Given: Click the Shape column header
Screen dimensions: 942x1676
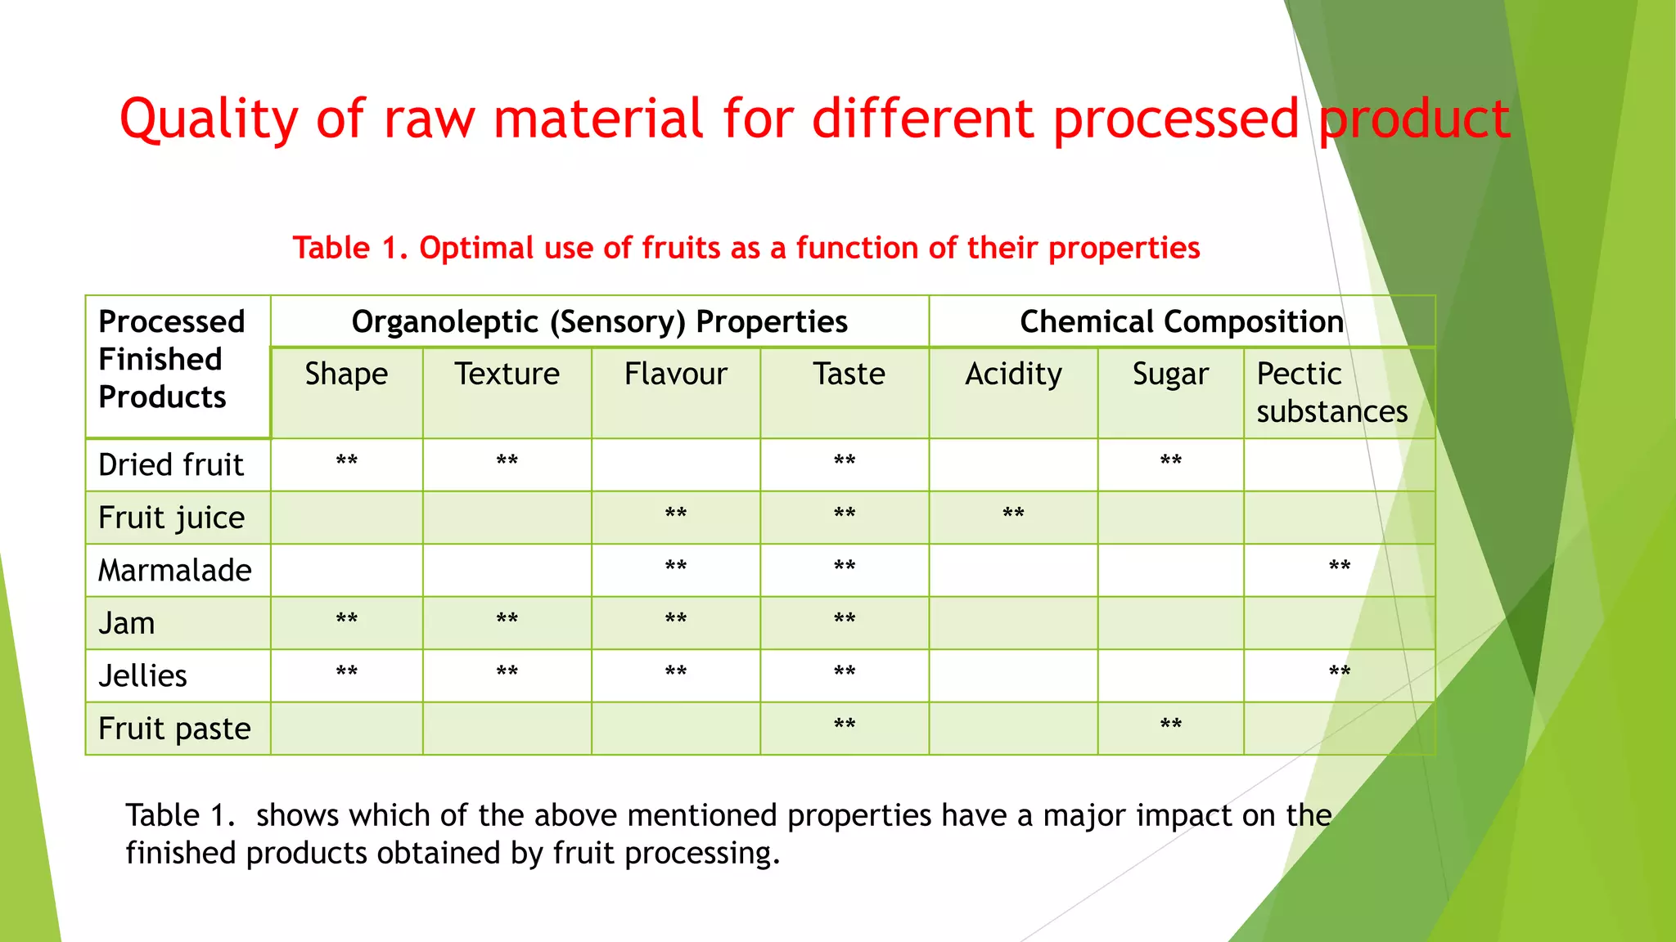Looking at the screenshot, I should click(x=346, y=375).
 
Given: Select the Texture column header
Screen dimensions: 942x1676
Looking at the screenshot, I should click(x=507, y=375).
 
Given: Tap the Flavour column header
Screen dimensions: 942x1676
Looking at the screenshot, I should click(x=675, y=375).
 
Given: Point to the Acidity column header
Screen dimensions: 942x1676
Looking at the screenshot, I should click(x=1013, y=375).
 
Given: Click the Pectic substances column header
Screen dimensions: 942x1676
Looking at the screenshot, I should click(x=1331, y=392).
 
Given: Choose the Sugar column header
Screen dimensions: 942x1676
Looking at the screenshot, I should click(x=1170, y=375).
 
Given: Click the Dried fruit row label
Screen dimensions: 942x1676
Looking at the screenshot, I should click(x=170, y=465).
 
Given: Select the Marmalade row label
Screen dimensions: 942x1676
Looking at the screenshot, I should click(x=174, y=571).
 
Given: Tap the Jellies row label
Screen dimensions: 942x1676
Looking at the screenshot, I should click(x=142, y=676).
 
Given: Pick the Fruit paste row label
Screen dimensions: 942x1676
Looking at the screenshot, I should click(x=174, y=729).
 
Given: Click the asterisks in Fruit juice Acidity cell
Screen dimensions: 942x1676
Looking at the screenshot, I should click(x=1013, y=514).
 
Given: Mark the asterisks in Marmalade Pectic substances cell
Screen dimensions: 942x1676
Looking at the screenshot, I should click(x=1339, y=567).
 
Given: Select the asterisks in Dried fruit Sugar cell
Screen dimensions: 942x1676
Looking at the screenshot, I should click(x=1170, y=461).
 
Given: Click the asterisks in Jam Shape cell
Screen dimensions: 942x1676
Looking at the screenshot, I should click(x=346, y=620).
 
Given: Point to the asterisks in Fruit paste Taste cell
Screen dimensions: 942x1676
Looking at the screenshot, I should click(x=845, y=725).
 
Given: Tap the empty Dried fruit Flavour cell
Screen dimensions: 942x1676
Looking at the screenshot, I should click(x=675, y=464).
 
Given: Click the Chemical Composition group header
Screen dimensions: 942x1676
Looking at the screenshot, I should click(x=1181, y=322).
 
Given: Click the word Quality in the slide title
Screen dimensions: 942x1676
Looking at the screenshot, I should click(x=209, y=119).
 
